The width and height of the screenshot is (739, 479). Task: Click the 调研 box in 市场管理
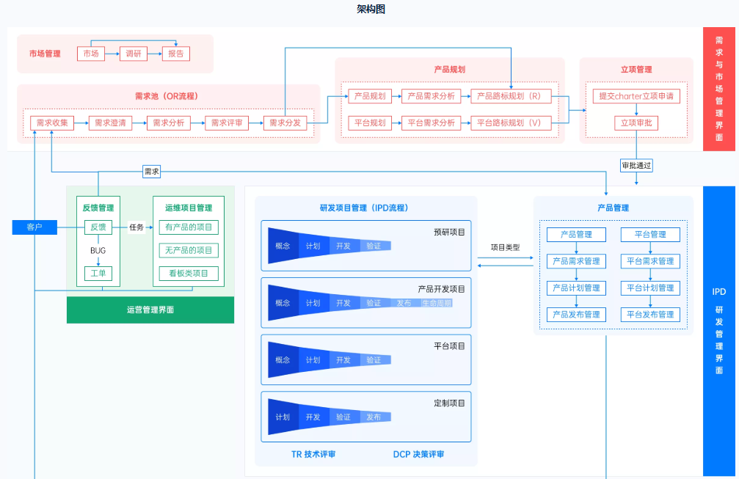click(133, 54)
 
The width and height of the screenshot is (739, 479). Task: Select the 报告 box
click(175, 54)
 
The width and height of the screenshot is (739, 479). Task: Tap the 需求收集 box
click(52, 123)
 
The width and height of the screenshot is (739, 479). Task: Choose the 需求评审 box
click(227, 123)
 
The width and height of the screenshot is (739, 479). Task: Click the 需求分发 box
click(285, 123)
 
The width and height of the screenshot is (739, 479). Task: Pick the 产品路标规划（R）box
click(511, 96)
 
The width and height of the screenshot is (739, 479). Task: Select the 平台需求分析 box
click(431, 123)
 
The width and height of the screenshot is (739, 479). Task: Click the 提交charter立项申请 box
click(636, 96)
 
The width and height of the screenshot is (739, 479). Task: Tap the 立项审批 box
click(636, 123)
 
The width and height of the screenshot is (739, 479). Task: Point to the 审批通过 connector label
click(636, 166)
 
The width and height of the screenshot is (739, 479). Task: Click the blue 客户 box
click(34, 227)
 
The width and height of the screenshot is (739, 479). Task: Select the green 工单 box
click(98, 274)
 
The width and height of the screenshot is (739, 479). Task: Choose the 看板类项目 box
click(189, 274)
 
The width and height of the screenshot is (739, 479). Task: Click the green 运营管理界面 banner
click(150, 310)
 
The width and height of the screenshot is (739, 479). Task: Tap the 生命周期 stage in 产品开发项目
click(437, 303)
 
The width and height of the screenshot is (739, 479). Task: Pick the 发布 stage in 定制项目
click(374, 417)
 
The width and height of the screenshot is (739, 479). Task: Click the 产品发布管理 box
click(576, 315)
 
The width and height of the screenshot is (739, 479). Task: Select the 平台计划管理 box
click(650, 288)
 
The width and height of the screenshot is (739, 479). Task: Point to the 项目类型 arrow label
click(506, 247)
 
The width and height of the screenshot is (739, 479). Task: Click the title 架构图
click(370, 10)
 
